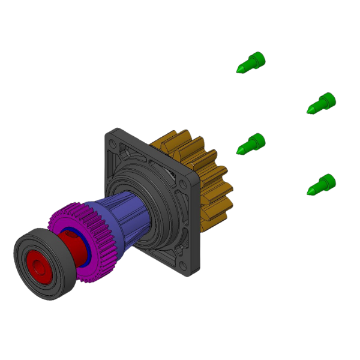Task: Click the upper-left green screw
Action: [x=251, y=62]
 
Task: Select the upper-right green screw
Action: [x=322, y=103]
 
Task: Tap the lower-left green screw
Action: [x=251, y=144]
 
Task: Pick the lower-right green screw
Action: [x=322, y=184]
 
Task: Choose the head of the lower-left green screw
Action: [x=257, y=141]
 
